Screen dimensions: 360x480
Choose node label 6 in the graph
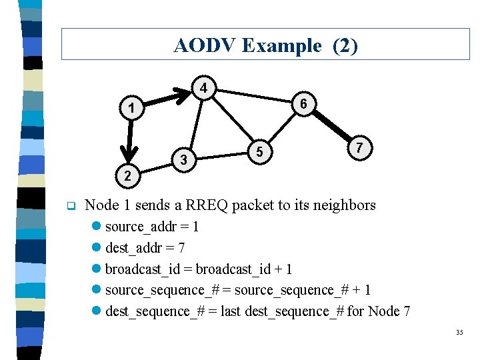(303, 104)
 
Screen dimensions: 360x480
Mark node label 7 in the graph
(359, 147)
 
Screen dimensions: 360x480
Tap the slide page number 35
(459, 333)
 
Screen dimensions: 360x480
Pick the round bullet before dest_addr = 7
(97, 248)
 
